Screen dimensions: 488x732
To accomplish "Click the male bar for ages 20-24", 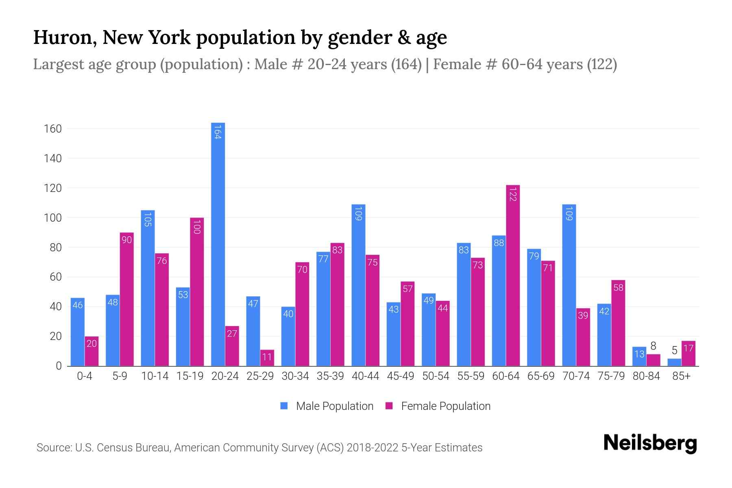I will click(218, 244).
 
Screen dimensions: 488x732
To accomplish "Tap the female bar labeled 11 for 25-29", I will click(267, 358).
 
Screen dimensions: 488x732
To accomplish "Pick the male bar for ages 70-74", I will click(569, 285).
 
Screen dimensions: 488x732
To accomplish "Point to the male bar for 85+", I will click(674, 362).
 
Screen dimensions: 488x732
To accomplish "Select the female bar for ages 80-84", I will click(653, 360).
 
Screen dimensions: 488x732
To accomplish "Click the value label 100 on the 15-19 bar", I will click(197, 227).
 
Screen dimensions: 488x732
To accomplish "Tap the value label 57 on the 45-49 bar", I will click(407, 289).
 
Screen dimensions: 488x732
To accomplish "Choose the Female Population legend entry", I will click(438, 406).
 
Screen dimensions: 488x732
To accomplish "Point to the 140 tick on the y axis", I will click(52, 158).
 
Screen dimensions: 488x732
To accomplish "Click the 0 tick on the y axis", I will click(59, 366).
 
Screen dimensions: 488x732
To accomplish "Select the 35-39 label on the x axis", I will click(330, 376).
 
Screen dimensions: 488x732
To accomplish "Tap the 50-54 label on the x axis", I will click(436, 376).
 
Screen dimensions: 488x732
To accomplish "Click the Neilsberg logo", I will click(650, 443).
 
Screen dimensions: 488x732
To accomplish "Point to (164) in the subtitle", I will click(406, 64).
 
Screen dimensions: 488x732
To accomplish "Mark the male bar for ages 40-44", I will click(358, 285).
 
